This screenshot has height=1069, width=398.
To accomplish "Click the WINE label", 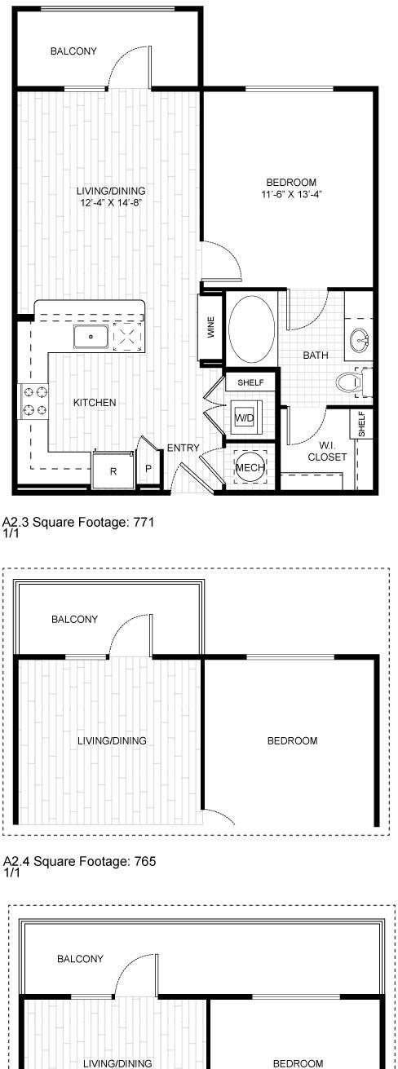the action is (x=211, y=327).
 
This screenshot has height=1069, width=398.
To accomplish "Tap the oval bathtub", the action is (x=251, y=329).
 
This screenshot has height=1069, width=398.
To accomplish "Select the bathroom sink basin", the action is (x=359, y=340).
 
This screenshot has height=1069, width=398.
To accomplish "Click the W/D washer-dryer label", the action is (x=245, y=418).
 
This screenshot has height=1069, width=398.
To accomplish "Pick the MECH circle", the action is (x=250, y=467).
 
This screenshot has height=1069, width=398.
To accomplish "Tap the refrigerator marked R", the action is (x=113, y=470).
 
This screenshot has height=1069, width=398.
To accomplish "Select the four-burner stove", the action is (x=33, y=401).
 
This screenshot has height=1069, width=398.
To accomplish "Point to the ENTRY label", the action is (x=184, y=448).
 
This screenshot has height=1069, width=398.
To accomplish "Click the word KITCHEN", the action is (x=95, y=402).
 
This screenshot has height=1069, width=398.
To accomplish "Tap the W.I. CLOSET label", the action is (x=327, y=452).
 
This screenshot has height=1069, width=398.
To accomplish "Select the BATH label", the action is (x=316, y=355).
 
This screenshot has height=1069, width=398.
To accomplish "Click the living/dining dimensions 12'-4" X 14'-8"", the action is (x=112, y=203).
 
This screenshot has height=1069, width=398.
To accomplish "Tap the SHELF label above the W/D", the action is (x=250, y=382).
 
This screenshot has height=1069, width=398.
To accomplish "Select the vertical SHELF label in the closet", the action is (x=361, y=424).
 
